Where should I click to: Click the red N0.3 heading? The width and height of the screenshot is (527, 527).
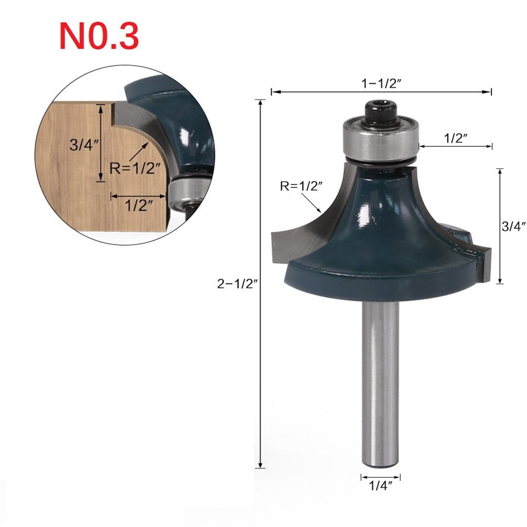(x=99, y=35)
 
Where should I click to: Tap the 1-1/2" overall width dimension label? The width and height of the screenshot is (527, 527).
(x=381, y=82)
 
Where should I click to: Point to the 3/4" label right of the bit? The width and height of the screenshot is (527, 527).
(x=513, y=227)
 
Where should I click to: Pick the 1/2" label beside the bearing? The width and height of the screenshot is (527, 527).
(x=456, y=138)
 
